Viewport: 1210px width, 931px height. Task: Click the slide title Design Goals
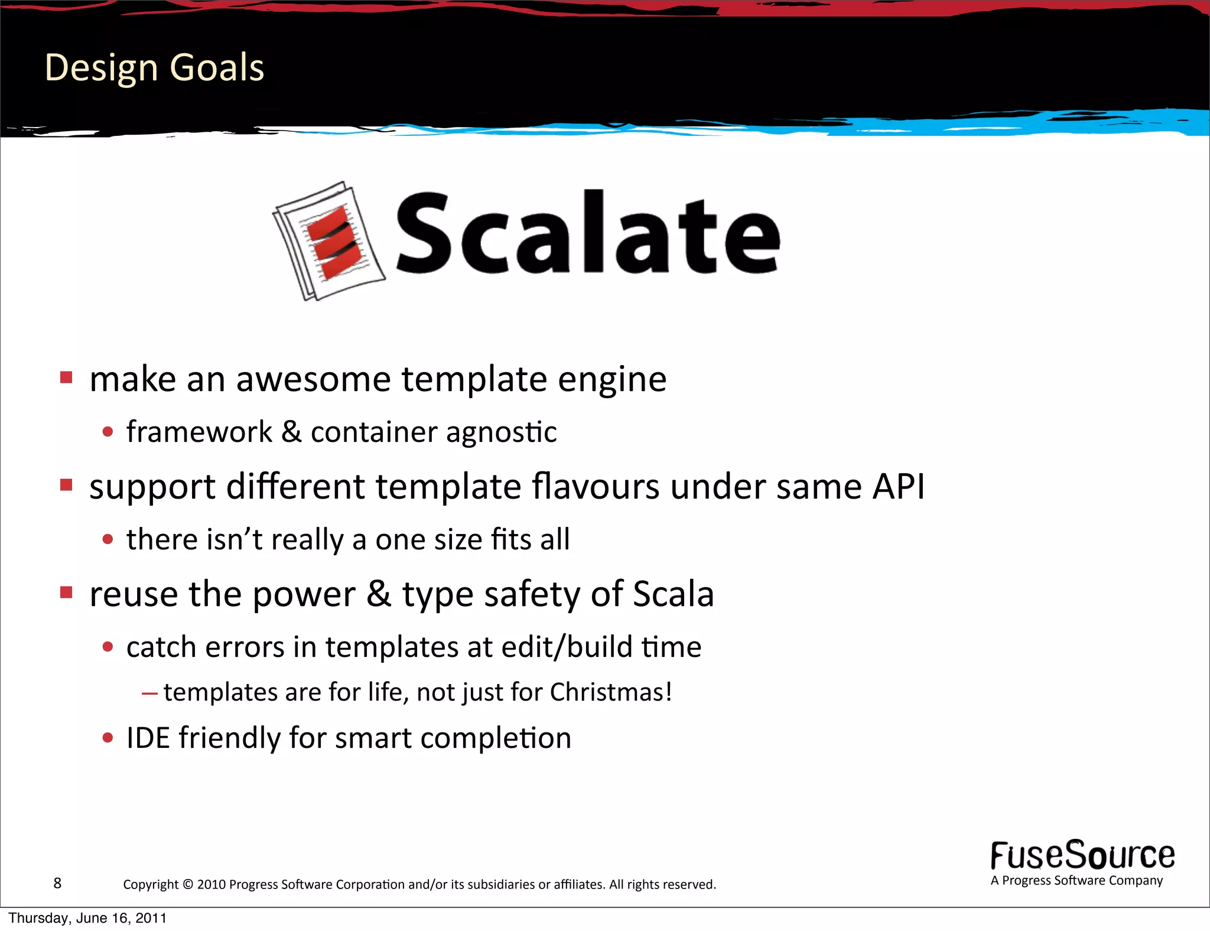pyautogui.click(x=154, y=67)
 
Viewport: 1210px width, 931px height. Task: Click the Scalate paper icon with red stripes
pyautogui.click(x=329, y=241)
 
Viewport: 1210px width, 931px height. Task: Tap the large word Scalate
pyautogui.click(x=588, y=233)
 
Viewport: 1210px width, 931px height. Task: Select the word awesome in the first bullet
pyautogui.click(x=313, y=379)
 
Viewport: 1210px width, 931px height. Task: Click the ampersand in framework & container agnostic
pyautogui.click(x=291, y=432)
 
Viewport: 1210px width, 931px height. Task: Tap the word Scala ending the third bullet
pyautogui.click(x=673, y=594)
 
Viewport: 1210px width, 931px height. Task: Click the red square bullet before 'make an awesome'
pyautogui.click(x=66, y=377)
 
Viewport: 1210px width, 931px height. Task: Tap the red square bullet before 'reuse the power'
pyautogui.click(x=66, y=593)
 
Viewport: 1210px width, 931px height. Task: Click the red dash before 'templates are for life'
pyautogui.click(x=149, y=694)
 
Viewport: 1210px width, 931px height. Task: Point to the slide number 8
pyautogui.click(x=57, y=883)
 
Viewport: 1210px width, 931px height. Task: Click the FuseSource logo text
pyautogui.click(x=1082, y=856)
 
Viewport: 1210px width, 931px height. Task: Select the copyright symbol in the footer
pyautogui.click(x=188, y=885)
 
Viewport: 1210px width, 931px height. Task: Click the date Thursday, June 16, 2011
pyautogui.click(x=87, y=919)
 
